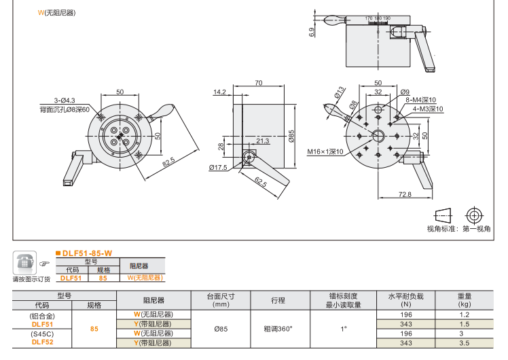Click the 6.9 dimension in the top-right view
click(312, 32)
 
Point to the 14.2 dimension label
click(219, 92)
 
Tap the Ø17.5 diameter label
click(218, 167)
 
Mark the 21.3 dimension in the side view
click(263, 141)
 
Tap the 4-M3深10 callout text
click(428, 109)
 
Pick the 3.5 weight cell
click(465, 343)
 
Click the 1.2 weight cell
click(465, 315)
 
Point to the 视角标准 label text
click(442, 229)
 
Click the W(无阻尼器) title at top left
click(56, 13)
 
